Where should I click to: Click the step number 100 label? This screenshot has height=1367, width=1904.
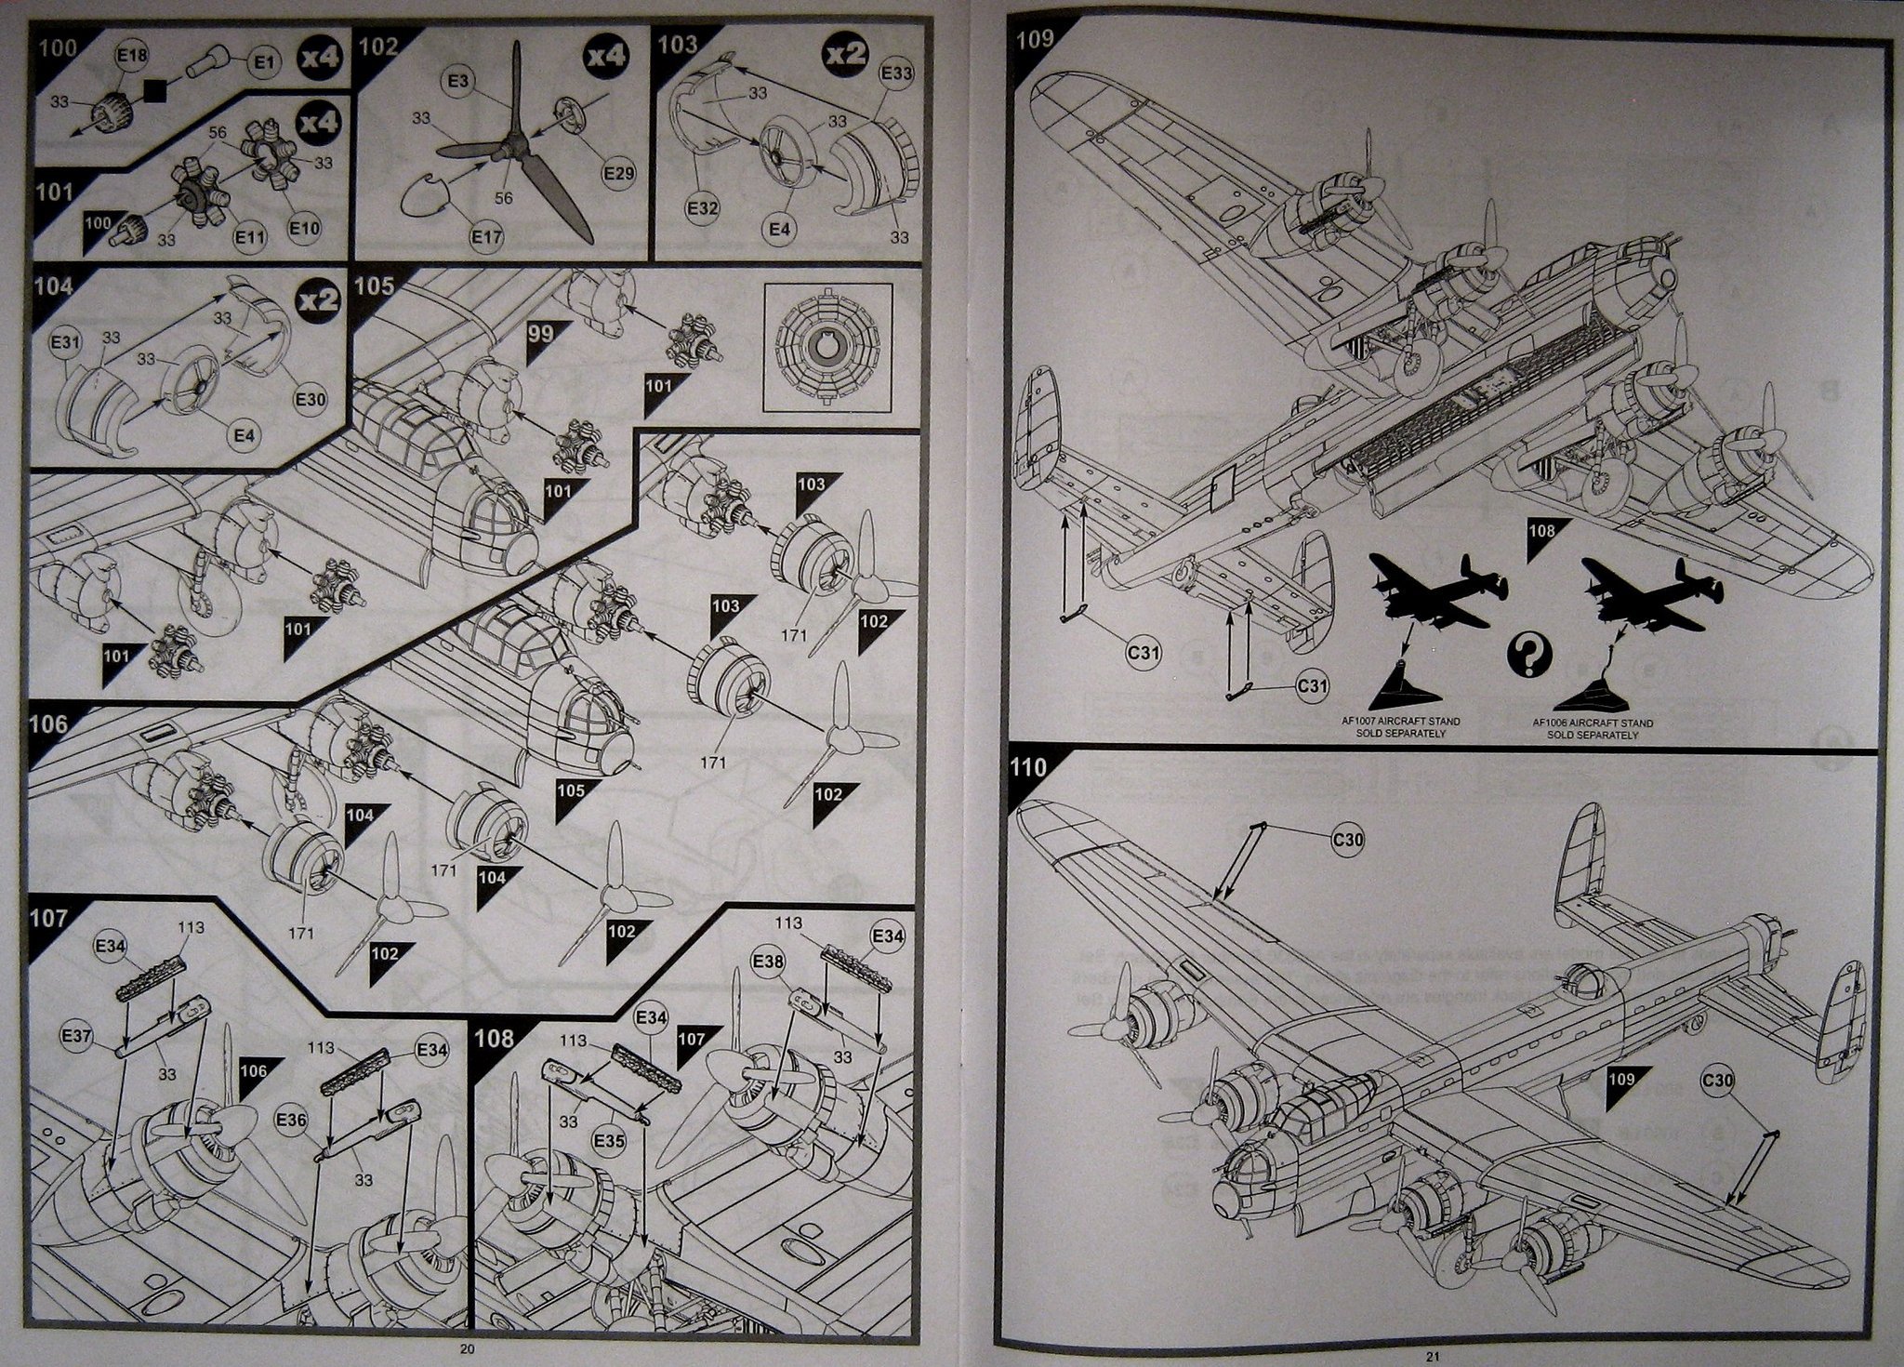pyautogui.click(x=59, y=46)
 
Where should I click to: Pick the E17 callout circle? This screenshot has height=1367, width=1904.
pyautogui.click(x=486, y=237)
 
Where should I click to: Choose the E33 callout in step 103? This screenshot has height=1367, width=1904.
pyautogui.click(x=895, y=73)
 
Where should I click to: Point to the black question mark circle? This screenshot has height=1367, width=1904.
pyautogui.click(x=1525, y=655)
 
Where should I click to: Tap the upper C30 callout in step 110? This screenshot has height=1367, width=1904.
pyautogui.click(x=1348, y=841)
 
